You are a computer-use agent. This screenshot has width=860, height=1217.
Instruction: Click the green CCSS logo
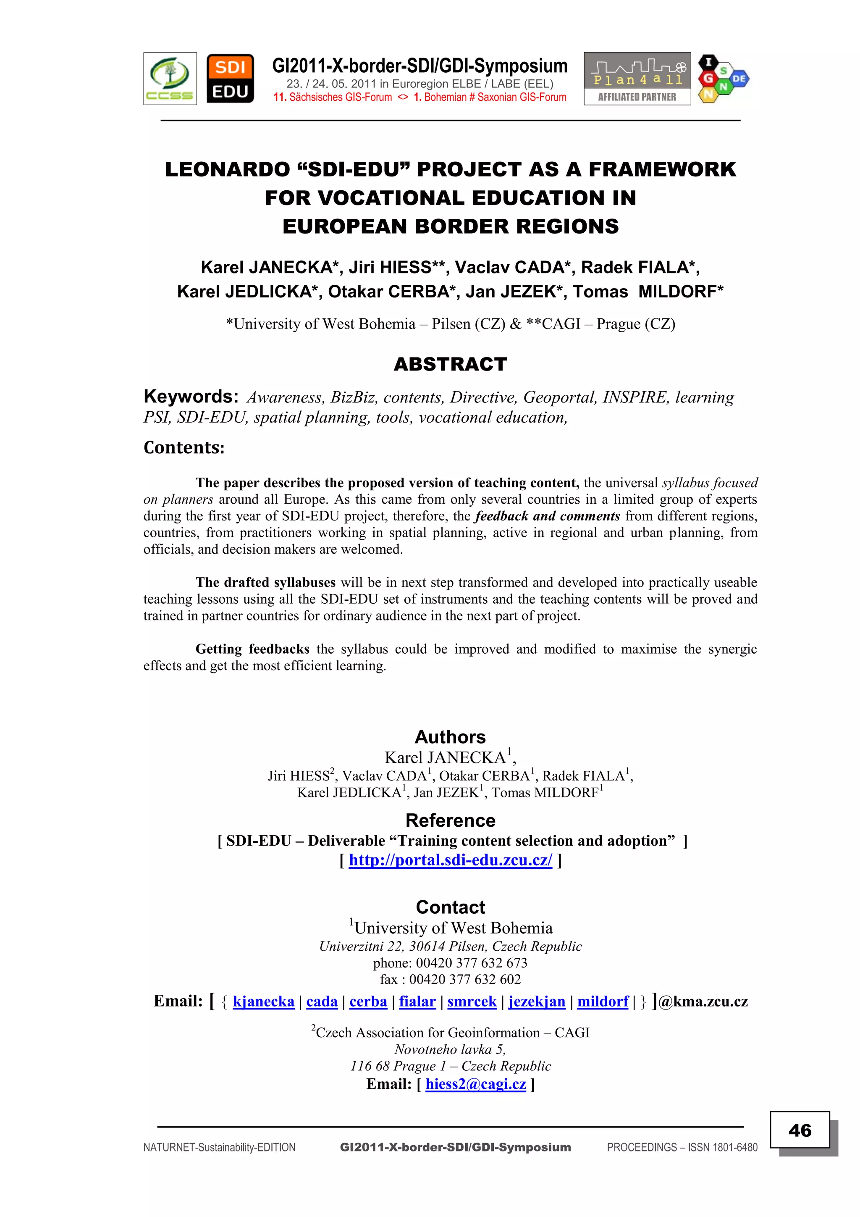click(x=170, y=79)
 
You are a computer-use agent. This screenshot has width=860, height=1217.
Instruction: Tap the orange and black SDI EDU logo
click(x=230, y=79)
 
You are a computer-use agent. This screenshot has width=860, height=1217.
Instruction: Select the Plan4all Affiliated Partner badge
click(x=637, y=79)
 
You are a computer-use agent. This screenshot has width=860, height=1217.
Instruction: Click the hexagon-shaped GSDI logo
click(x=722, y=79)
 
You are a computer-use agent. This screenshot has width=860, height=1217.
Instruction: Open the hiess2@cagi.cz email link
click(x=475, y=1084)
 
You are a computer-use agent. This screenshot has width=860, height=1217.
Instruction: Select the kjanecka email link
click(x=263, y=1001)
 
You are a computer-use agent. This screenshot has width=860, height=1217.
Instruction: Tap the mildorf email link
click(x=603, y=1001)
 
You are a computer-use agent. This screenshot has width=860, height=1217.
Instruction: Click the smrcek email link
click(x=472, y=1001)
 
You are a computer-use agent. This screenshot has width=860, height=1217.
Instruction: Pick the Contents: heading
click(x=184, y=447)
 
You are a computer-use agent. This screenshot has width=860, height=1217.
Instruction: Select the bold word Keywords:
click(x=191, y=397)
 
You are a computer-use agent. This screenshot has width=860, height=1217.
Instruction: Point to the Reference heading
click(x=450, y=820)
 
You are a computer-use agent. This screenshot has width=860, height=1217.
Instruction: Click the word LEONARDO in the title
click(x=226, y=170)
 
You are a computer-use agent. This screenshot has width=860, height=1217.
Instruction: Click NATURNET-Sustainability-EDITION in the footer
click(x=219, y=1148)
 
